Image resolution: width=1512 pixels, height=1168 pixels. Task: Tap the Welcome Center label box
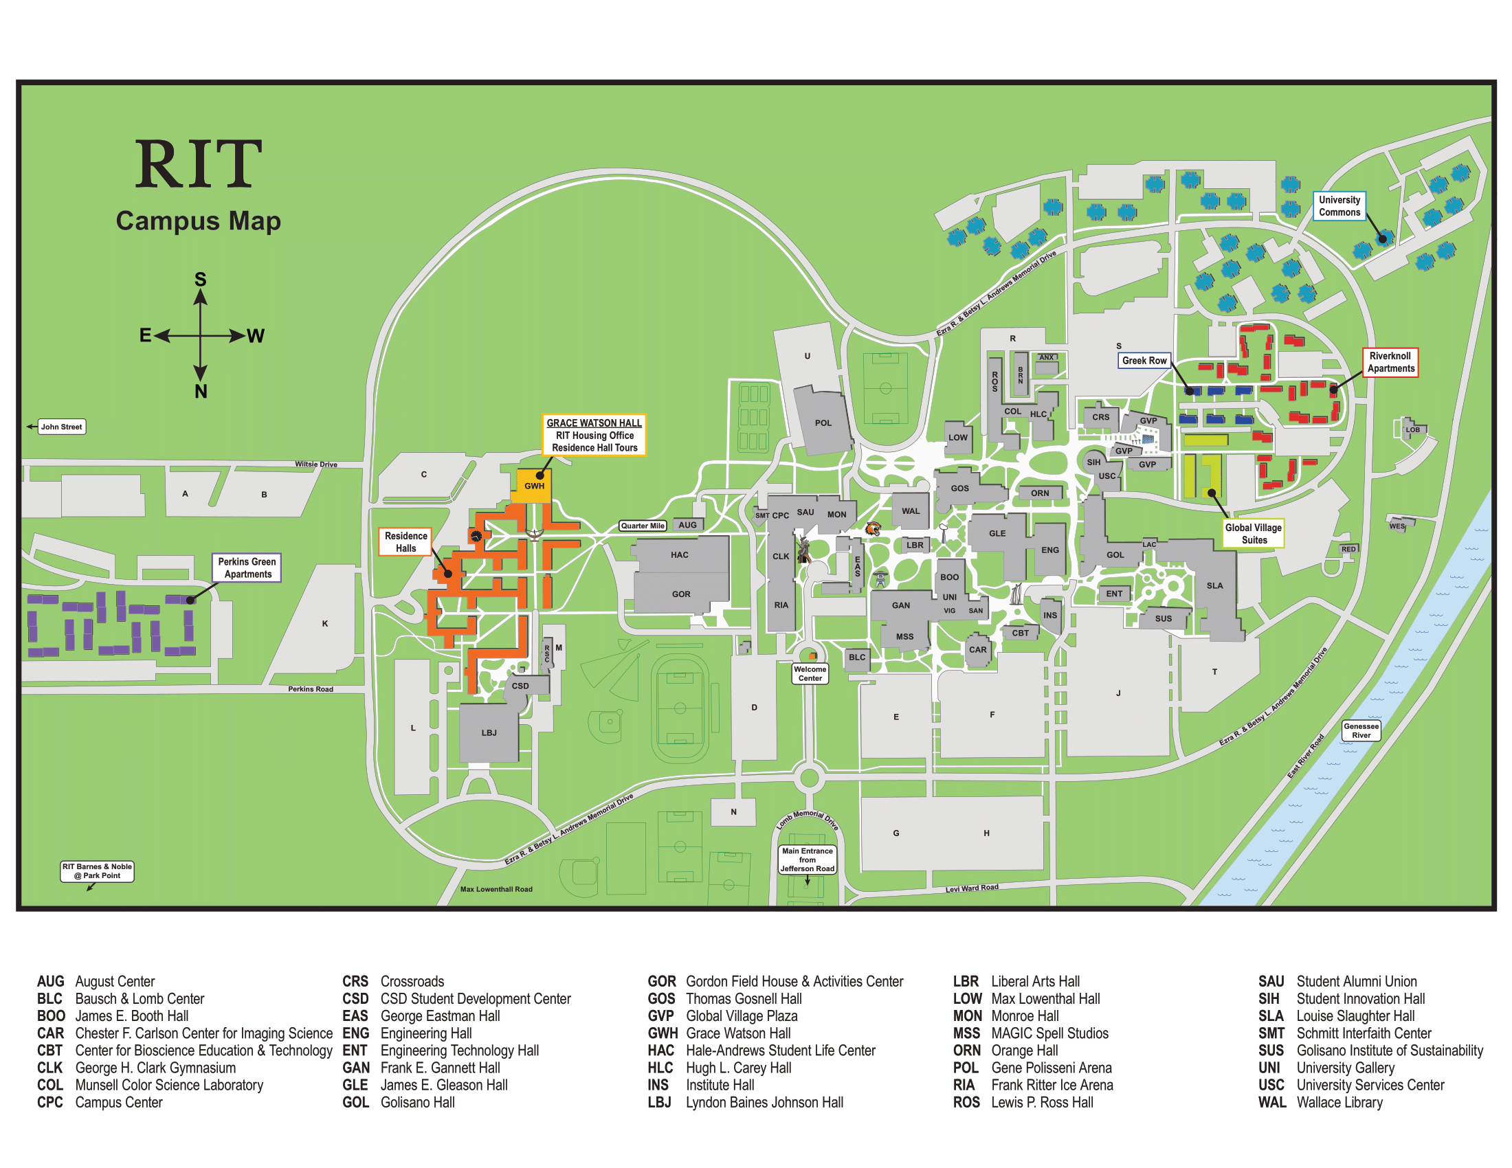(810, 673)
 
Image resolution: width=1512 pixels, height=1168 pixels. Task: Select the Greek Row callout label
(1144, 361)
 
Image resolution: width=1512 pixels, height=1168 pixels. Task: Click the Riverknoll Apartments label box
(1390, 362)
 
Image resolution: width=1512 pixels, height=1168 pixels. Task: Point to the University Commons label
(1339, 206)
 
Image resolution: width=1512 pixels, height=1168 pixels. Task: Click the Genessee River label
(1360, 731)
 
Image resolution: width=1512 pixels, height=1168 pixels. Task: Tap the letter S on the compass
(200, 280)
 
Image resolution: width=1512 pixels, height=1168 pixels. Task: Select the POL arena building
(823, 423)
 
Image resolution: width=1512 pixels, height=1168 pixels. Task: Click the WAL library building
(911, 510)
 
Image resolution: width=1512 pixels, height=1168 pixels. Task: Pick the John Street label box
(61, 427)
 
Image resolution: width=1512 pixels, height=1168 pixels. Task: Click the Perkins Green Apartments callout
(247, 568)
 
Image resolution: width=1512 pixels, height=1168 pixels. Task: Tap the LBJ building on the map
(489, 732)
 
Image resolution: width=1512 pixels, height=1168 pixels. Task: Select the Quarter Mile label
(643, 526)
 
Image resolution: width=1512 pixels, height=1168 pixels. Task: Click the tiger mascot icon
(873, 529)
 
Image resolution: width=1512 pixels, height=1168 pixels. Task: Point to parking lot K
(324, 623)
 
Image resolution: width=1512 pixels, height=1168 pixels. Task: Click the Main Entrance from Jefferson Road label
(808, 860)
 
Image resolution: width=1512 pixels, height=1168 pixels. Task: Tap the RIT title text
(198, 164)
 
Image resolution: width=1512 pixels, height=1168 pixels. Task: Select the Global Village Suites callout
(1253, 533)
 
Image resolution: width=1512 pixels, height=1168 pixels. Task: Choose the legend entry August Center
(114, 981)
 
